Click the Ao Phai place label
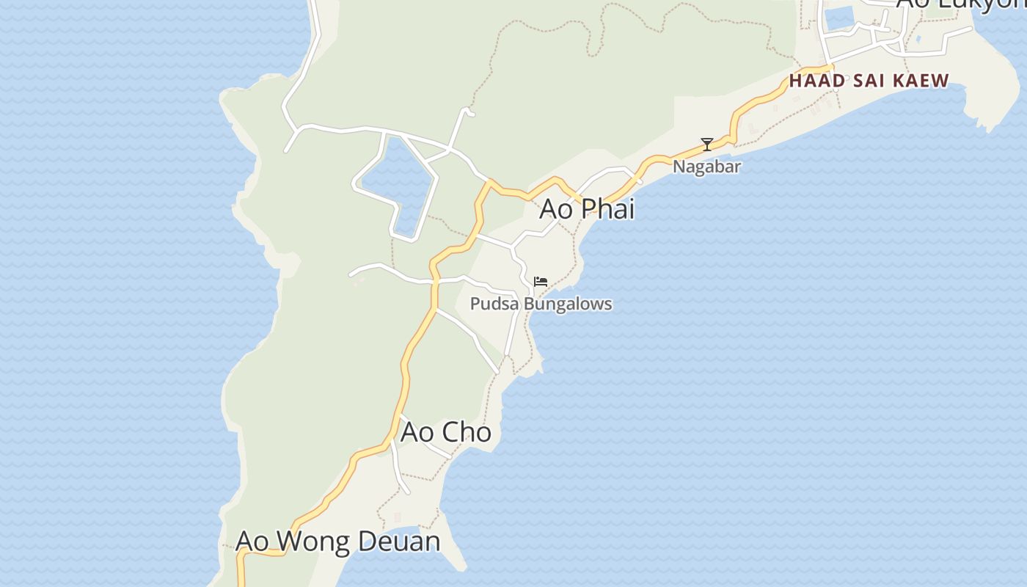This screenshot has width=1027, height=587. point(586,209)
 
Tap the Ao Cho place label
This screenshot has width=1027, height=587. point(445,432)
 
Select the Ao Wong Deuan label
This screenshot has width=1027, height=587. point(337,542)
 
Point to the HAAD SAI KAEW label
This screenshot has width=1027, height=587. point(869,81)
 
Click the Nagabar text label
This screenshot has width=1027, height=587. point(706,167)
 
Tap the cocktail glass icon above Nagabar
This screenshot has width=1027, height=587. point(707,145)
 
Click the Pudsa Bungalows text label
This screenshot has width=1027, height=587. point(541,304)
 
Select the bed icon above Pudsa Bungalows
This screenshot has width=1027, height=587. point(541,282)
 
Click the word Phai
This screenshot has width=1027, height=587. point(607,209)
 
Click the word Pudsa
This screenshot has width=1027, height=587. point(489,304)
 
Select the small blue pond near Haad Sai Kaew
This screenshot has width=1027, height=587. point(839,18)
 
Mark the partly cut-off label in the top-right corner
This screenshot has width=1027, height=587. point(960,4)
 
